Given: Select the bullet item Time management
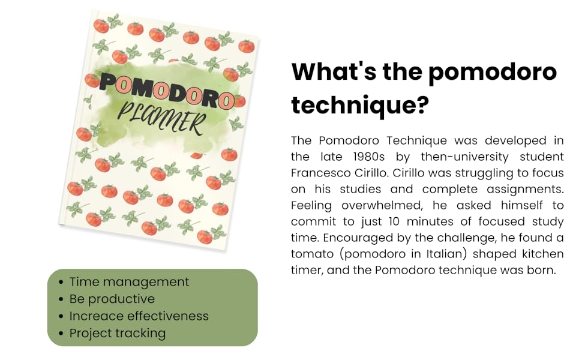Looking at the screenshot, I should pyautogui.click(x=129, y=281).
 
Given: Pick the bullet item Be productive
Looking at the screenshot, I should pyautogui.click(x=112, y=299).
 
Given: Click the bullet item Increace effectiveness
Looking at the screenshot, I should pyautogui.click(x=139, y=316).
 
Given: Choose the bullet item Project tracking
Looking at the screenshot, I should pyautogui.click(x=117, y=333).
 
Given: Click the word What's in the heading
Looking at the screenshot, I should pyautogui.click(x=326, y=72).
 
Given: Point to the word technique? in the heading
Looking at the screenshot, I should pyautogui.click(x=360, y=106).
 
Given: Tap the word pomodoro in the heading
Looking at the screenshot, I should pyautogui.click(x=492, y=72).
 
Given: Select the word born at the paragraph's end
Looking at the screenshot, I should pyautogui.click(x=542, y=270).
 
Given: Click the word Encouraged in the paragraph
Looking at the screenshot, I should pyautogui.click(x=327, y=238).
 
